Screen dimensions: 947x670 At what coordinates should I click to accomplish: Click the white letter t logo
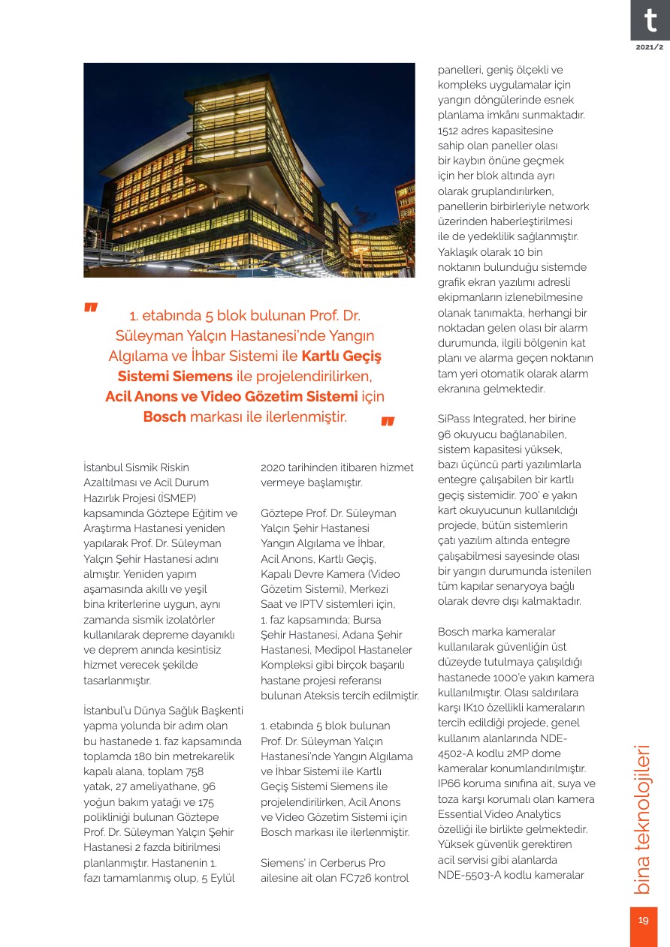(650, 20)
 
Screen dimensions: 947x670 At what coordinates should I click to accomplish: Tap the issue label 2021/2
(649, 47)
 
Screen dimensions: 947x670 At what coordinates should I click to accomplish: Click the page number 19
(644, 921)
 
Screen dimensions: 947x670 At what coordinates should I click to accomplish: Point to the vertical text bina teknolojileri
(643, 819)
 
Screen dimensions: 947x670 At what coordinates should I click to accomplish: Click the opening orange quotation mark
(92, 308)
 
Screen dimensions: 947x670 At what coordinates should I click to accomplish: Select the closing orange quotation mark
(388, 422)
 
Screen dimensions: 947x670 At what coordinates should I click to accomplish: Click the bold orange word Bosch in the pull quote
(164, 416)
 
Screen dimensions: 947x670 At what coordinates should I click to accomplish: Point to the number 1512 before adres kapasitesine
(451, 131)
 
